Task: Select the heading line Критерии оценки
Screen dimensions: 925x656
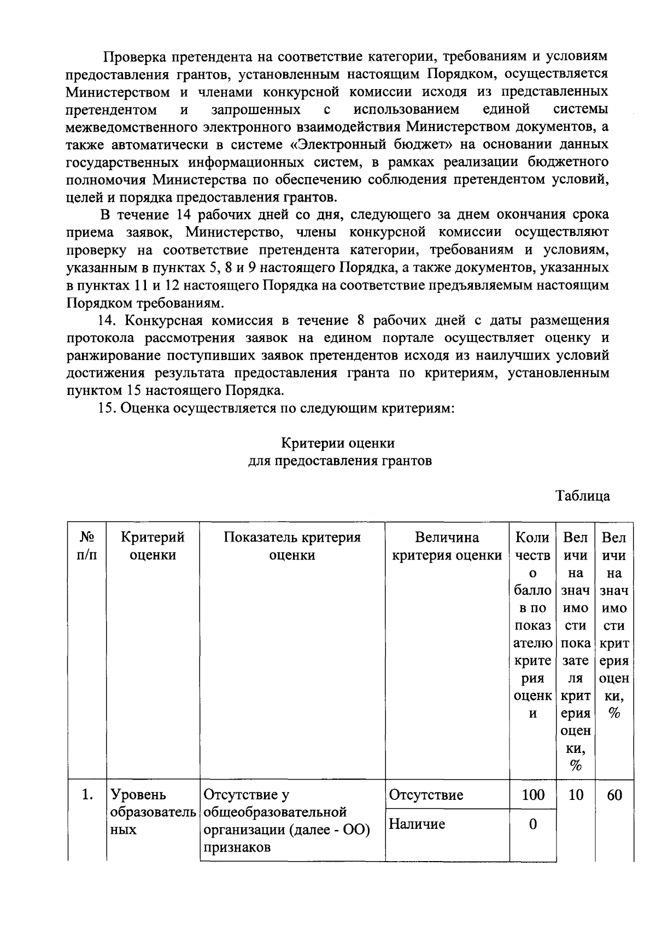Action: pyautogui.click(x=338, y=443)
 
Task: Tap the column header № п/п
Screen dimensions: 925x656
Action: pyautogui.click(x=86, y=546)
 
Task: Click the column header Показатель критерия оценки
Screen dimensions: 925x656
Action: pyautogui.click(x=292, y=546)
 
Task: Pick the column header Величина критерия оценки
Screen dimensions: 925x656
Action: pyautogui.click(x=447, y=546)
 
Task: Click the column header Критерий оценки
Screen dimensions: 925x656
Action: pyautogui.click(x=153, y=546)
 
